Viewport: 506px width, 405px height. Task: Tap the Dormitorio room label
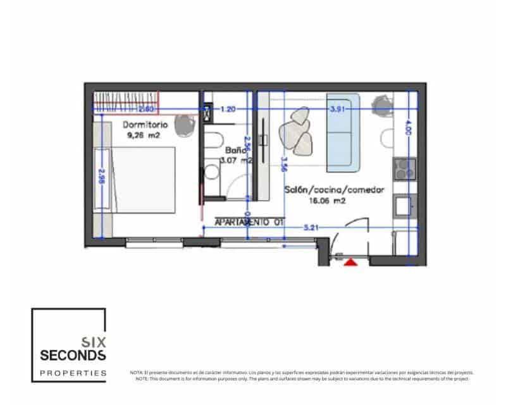[145, 125]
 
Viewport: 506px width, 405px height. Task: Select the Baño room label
[235, 151]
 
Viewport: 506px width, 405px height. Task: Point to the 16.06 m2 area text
[326, 201]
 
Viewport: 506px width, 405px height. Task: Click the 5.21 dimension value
[311, 227]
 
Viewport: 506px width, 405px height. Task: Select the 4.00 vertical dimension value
[408, 129]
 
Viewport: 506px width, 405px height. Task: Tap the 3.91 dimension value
[338, 109]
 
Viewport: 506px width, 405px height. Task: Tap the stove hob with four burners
[404, 168]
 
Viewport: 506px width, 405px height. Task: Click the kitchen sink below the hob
[404, 205]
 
